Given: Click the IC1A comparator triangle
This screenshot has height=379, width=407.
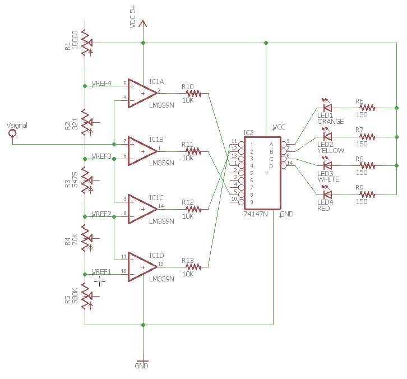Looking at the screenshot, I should [141, 93].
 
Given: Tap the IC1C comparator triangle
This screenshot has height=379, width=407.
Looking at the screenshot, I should [141, 208].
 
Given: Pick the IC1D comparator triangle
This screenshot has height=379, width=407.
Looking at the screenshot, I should [141, 266].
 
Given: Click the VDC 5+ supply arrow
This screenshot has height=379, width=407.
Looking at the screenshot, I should [143, 24].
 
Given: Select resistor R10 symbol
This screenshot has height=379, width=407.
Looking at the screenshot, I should [193, 94].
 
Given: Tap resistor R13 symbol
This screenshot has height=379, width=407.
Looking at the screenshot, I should [193, 266].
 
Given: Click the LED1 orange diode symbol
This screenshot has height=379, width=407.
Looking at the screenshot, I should [327, 107].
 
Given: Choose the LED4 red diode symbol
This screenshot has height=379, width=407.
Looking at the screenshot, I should [327, 195].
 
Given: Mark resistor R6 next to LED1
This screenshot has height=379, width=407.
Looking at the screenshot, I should [367, 107].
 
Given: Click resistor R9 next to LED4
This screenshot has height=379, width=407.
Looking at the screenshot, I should [367, 195].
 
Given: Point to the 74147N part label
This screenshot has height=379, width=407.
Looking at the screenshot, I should [255, 214].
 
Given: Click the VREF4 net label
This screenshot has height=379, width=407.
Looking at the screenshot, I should [101, 84].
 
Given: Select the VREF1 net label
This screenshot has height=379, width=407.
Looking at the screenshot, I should [101, 271].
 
